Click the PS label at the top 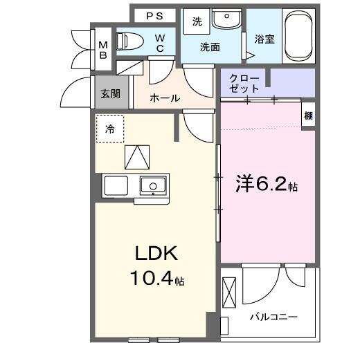[x=155, y=15]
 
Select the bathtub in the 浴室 [x=299, y=35]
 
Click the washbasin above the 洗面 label [x=224, y=20]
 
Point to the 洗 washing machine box [x=197, y=21]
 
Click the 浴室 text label [x=264, y=39]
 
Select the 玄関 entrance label [x=110, y=94]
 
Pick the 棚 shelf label [x=308, y=116]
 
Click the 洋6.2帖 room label [x=267, y=185]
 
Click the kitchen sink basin [x=152, y=185]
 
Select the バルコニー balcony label [x=273, y=317]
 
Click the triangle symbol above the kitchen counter [x=137, y=158]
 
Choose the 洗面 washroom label [x=210, y=47]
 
